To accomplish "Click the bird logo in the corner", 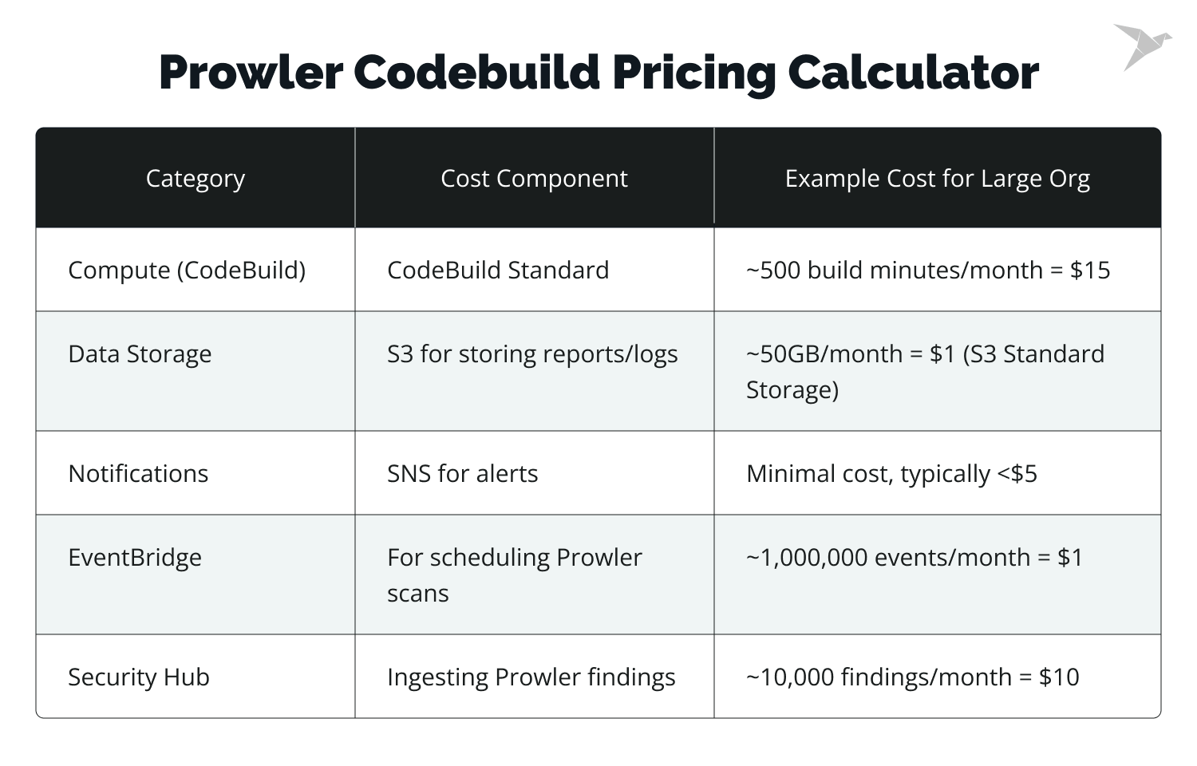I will (x=1142, y=46).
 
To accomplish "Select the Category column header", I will (x=196, y=179).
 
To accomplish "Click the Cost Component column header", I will (x=534, y=179).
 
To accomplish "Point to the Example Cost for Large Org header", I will (x=937, y=179).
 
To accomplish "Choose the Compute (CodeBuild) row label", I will (x=187, y=270).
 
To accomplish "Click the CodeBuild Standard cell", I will (x=498, y=270).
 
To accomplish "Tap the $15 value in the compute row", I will (x=1090, y=270).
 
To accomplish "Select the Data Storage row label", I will (x=140, y=354).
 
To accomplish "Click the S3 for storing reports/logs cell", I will (x=532, y=354).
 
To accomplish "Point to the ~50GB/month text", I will (x=824, y=354).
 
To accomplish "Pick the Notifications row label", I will (x=138, y=474).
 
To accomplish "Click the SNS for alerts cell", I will (x=462, y=474).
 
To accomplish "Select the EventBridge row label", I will (x=135, y=558).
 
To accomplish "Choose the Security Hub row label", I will (x=139, y=677).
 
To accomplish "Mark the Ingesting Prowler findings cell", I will (x=531, y=677).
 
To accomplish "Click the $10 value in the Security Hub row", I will (x=1059, y=677).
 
